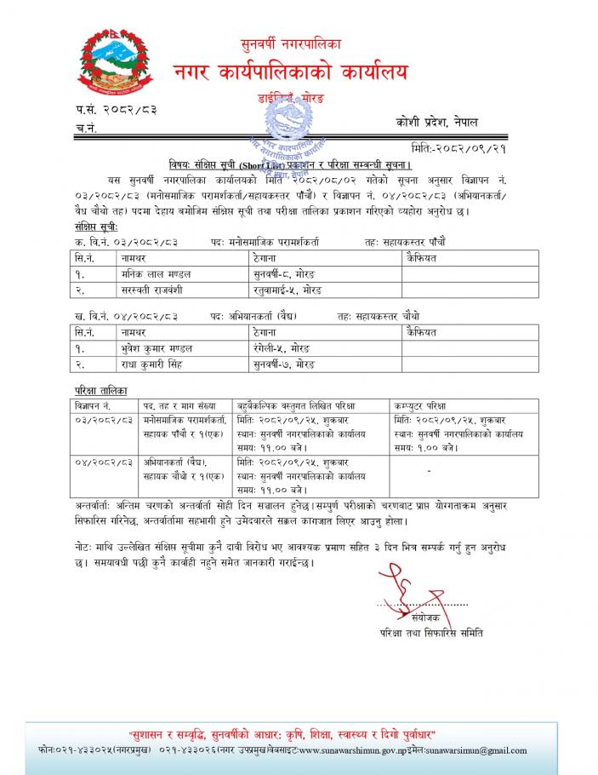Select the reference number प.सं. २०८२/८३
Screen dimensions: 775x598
[116, 110]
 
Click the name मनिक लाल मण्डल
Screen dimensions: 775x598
[156, 273]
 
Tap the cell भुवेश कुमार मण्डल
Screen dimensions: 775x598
[157, 348]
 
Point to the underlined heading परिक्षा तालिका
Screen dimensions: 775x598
[100, 389]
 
